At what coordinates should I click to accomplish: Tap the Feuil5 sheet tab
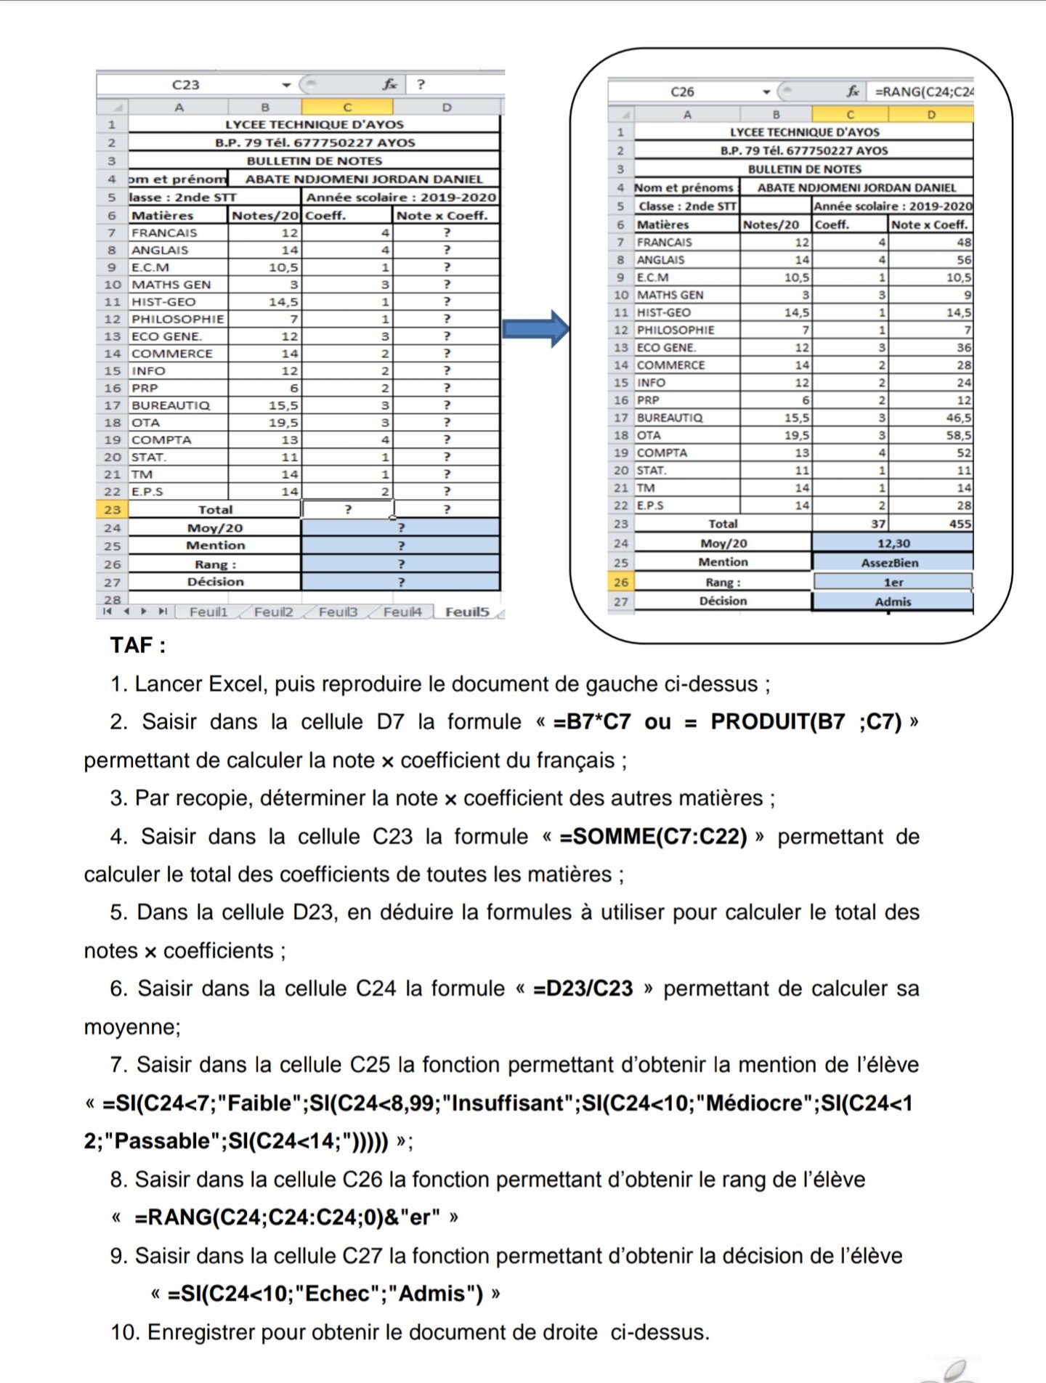click(x=467, y=612)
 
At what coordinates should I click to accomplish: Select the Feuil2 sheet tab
click(x=273, y=612)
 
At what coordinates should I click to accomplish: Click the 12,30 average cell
click(x=893, y=543)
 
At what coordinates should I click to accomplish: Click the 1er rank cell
click(x=893, y=582)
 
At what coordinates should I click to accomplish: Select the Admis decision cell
click(x=893, y=601)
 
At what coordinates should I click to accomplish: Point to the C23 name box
click(x=186, y=85)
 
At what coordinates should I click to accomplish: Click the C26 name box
click(x=682, y=92)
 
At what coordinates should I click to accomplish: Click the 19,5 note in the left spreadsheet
click(x=283, y=423)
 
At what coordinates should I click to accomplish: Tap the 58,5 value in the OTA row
click(x=959, y=435)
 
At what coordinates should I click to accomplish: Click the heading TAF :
click(x=138, y=645)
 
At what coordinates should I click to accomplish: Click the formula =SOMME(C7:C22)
click(x=653, y=836)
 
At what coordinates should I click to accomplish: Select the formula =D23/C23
click(x=583, y=989)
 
